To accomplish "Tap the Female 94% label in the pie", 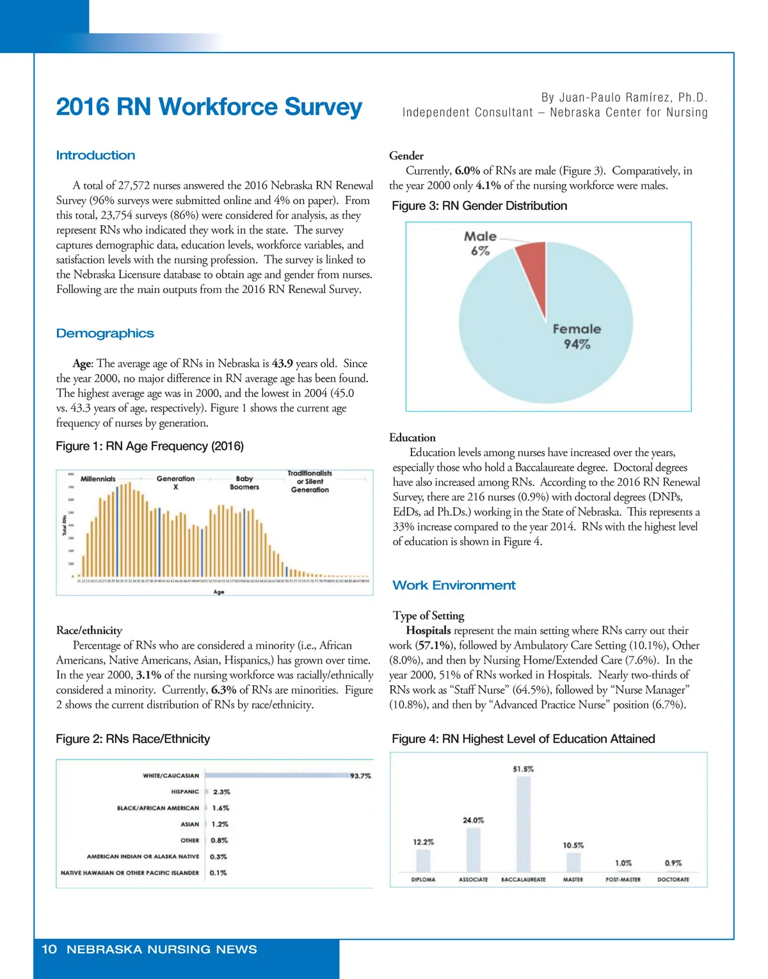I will point(577,337).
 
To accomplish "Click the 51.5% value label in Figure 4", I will point(523,769).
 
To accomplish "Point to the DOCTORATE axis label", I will point(673,880).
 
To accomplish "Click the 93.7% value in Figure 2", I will point(360,776).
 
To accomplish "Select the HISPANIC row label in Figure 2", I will point(185,792).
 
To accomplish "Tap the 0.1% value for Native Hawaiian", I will point(218,873).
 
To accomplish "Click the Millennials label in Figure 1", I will point(98,479).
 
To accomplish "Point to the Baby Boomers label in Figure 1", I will point(244,482).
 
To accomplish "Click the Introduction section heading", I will point(95,155).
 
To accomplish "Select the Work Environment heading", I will point(454,585).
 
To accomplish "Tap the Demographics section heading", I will point(105,333).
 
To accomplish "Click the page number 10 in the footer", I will point(49,950).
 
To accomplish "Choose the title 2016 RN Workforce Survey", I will point(209,107).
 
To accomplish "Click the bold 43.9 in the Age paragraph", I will point(282,363).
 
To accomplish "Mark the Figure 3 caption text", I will point(479,206).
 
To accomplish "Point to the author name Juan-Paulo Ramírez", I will point(624,98).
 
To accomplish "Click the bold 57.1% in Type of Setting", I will point(435,646).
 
